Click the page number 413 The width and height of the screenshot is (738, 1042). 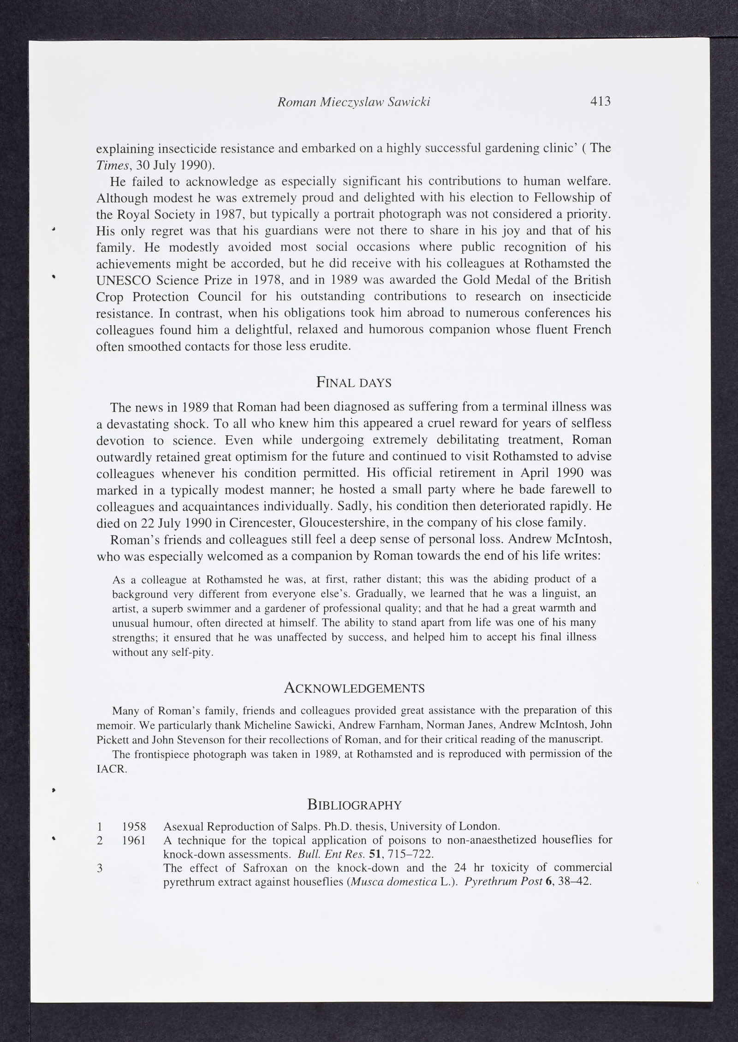click(600, 101)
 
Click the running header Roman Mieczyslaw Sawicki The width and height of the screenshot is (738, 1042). click(354, 102)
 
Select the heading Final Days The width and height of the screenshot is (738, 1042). click(354, 382)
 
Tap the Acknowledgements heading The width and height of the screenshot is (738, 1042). click(354, 688)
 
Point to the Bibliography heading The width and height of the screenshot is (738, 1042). click(354, 805)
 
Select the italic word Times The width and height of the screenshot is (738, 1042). click(110, 165)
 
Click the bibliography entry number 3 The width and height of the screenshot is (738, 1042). click(100, 868)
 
